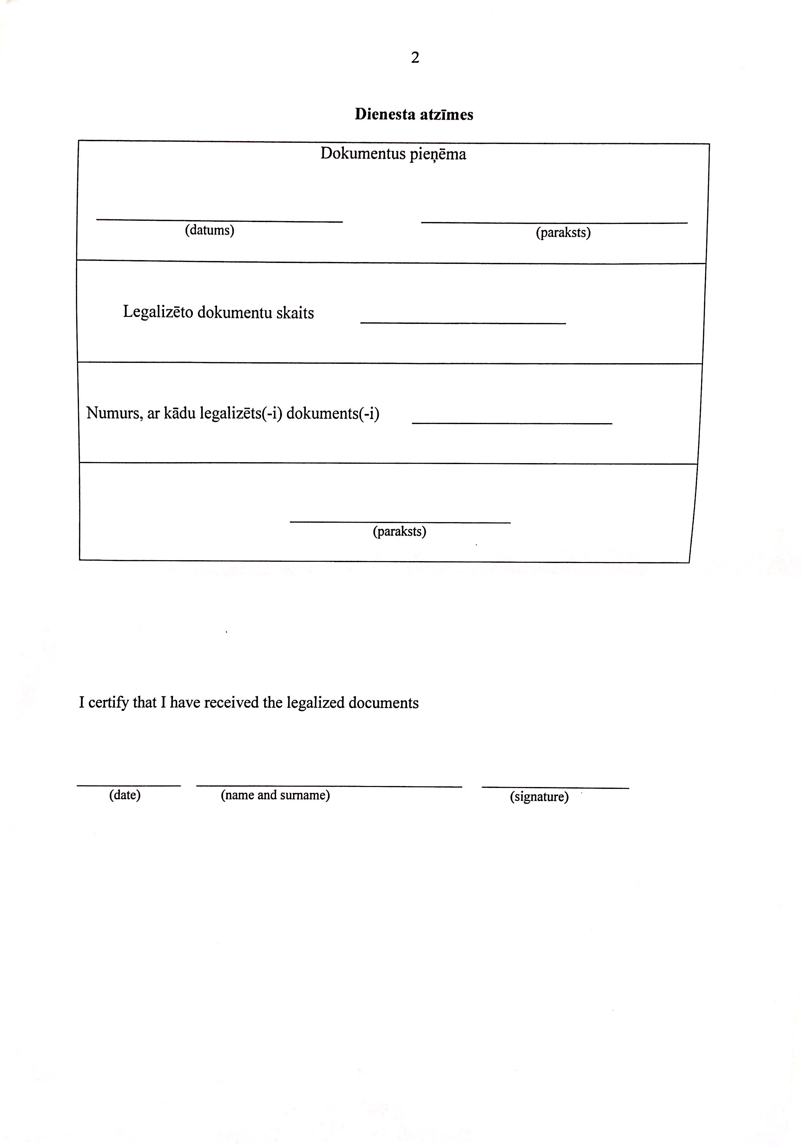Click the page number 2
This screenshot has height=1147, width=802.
[x=415, y=58]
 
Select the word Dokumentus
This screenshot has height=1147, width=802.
[x=363, y=154]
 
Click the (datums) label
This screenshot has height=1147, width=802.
[x=209, y=230]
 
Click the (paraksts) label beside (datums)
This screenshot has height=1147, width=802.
[x=563, y=233]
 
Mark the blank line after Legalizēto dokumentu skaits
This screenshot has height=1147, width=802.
[x=463, y=323]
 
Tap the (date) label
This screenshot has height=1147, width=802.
[x=125, y=795]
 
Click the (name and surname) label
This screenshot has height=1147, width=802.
[x=275, y=795]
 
